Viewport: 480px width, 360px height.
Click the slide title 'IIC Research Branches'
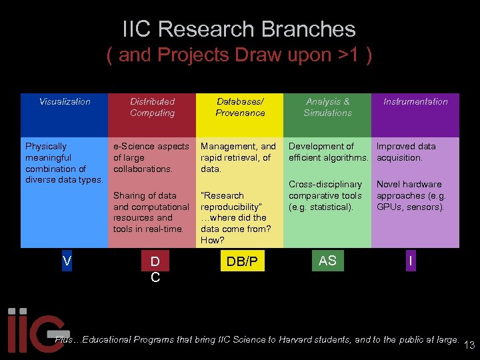pyautogui.click(x=239, y=29)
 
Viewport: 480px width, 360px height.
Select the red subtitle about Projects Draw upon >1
pyautogui.click(x=239, y=55)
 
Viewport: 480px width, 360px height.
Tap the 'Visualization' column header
pyautogui.click(x=65, y=102)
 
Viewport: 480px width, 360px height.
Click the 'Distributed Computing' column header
pyautogui.click(x=152, y=107)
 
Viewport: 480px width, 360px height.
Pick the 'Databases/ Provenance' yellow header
pyautogui.click(x=240, y=107)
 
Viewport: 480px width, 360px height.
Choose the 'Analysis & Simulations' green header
pyautogui.click(x=327, y=107)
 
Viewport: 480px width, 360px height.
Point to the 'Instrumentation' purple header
pyautogui.click(x=415, y=102)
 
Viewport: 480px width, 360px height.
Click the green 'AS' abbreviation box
pyautogui.click(x=327, y=261)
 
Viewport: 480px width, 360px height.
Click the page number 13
pyautogui.click(x=469, y=345)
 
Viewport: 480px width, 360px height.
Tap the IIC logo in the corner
pyautogui.click(x=33, y=331)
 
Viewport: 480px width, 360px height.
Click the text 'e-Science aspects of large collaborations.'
pyautogui.click(x=151, y=157)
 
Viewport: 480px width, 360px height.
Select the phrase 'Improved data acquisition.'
pyautogui.click(x=406, y=152)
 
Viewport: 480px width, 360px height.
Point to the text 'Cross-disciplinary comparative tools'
pyautogui.click(x=325, y=190)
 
